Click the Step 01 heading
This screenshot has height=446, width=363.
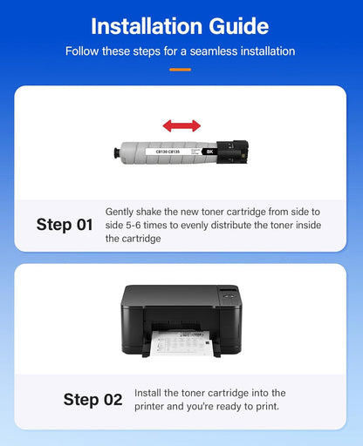pyautogui.click(x=65, y=225)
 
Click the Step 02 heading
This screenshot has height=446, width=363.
pyautogui.click(x=92, y=400)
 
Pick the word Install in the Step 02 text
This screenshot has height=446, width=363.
pyautogui.click(x=149, y=394)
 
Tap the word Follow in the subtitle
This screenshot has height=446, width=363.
pyautogui.click(x=83, y=51)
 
